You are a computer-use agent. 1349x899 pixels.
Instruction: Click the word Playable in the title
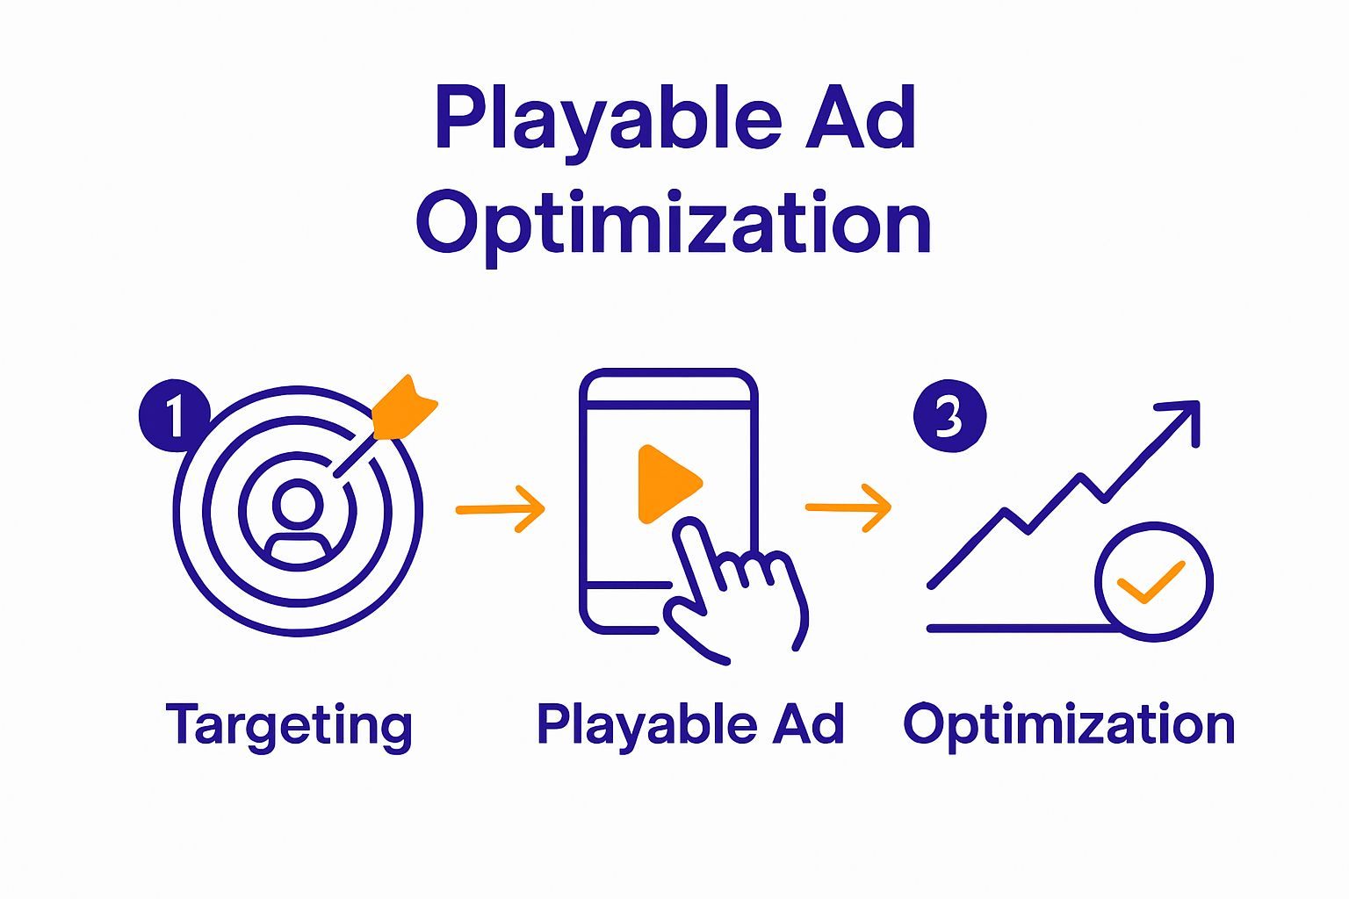(607, 119)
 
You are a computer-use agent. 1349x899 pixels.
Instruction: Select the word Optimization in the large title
(674, 225)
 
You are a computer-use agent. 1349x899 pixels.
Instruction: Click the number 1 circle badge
(174, 415)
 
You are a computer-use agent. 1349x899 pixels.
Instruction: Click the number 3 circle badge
(949, 415)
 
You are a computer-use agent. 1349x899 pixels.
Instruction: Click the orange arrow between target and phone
(501, 508)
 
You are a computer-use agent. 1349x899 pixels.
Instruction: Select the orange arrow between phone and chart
(848, 507)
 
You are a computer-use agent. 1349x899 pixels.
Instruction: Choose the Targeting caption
(289, 725)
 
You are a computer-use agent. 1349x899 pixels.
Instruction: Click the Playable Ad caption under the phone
(690, 724)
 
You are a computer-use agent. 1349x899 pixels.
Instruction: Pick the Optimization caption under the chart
(1069, 725)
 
